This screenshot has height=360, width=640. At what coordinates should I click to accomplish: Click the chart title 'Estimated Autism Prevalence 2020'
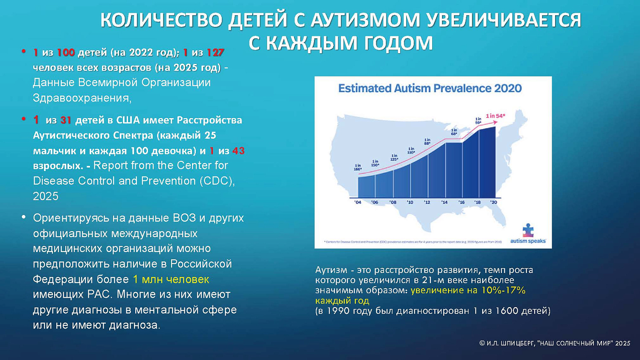click(x=430, y=88)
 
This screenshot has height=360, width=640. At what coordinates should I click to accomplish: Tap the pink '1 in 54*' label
click(x=495, y=116)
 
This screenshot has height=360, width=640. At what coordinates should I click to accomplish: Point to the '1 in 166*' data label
click(x=358, y=167)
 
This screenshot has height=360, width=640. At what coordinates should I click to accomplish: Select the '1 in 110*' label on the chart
click(x=411, y=151)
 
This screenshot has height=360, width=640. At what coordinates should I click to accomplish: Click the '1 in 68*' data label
click(x=454, y=132)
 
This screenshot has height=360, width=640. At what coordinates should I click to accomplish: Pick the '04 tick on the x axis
click(x=358, y=202)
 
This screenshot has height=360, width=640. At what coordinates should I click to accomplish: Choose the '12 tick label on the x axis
click(x=427, y=202)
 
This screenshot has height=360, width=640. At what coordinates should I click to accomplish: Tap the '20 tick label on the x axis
click(x=494, y=202)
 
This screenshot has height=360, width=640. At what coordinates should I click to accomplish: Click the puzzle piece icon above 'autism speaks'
click(x=528, y=230)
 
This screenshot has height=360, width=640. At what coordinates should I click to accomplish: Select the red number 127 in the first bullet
click(x=215, y=52)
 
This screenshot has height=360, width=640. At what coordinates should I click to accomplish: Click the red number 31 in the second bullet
click(x=66, y=120)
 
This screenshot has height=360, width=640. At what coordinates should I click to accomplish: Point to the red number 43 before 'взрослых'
click(x=239, y=151)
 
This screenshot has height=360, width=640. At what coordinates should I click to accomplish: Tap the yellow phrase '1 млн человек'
click(x=171, y=279)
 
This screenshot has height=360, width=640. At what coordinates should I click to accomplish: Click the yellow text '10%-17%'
click(x=503, y=290)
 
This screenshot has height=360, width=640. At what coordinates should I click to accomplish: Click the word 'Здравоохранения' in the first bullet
click(x=82, y=98)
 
